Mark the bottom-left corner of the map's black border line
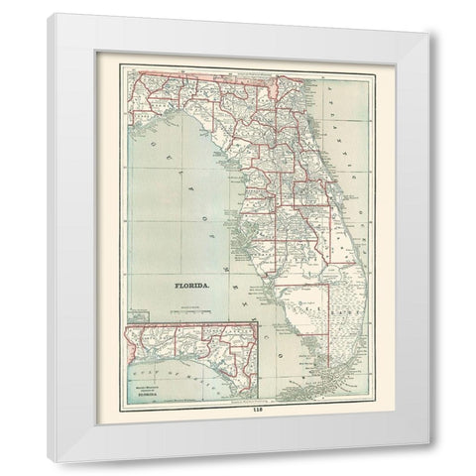tap(118, 401)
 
